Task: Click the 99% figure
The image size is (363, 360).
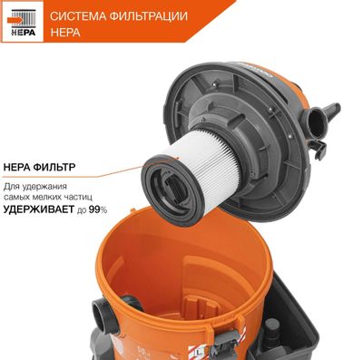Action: (97, 209)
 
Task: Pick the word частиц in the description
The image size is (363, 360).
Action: (90, 197)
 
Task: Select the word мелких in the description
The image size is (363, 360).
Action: (58, 197)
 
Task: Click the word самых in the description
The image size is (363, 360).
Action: (27, 197)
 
